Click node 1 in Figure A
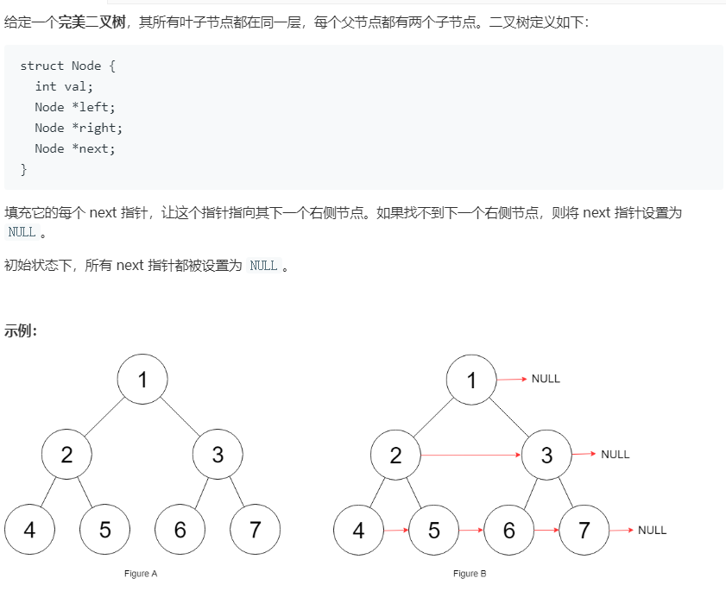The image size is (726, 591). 142,380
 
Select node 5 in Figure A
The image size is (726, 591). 104,530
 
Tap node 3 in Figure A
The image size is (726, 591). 218,455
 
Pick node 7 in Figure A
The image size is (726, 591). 255,530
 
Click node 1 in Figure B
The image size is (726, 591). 471,380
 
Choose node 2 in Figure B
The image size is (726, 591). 395,455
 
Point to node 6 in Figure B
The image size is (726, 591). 508,530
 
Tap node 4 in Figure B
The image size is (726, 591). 358,530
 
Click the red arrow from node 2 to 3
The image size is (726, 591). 470,454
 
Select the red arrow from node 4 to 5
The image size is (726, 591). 395,530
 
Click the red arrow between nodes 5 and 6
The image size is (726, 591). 470,530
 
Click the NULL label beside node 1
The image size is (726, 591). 546,379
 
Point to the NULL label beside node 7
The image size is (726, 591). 652,530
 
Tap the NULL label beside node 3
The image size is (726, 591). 616,454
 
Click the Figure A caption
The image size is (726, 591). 142,574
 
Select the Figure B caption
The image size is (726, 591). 470,574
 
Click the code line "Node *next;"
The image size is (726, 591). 74,148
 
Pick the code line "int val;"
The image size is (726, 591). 63,86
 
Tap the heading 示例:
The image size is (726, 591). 21,330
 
